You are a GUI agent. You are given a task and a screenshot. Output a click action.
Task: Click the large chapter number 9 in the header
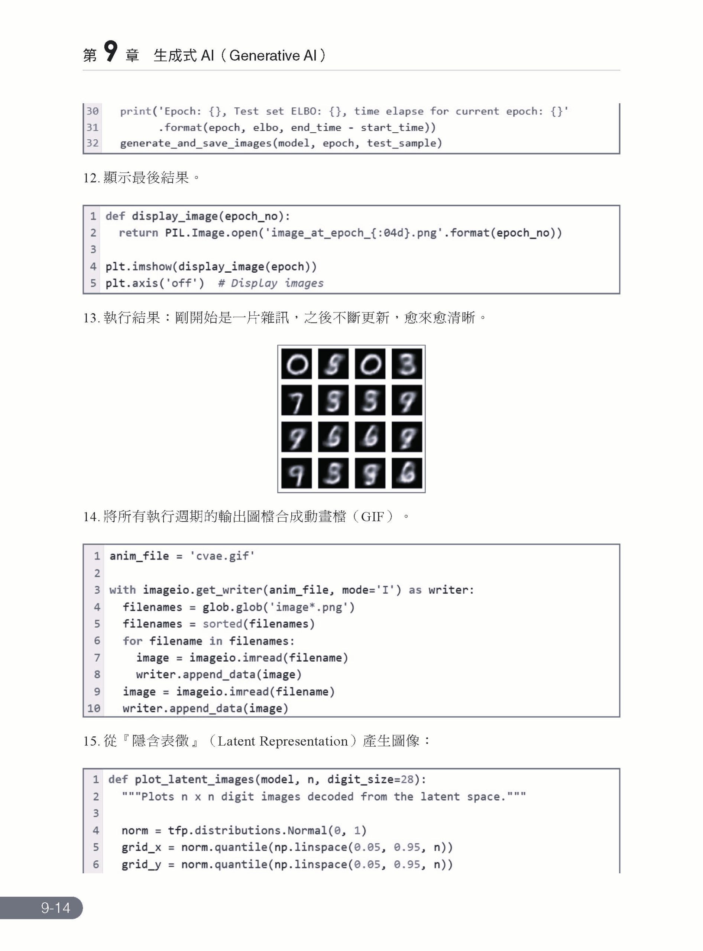tap(111, 52)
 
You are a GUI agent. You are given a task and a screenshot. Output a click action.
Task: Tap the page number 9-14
tap(56, 908)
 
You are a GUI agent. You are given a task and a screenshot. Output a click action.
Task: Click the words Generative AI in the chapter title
tap(272, 56)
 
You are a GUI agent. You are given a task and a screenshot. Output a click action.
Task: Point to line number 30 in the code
tap(93, 111)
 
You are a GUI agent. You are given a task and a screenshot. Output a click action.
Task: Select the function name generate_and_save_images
tap(196, 143)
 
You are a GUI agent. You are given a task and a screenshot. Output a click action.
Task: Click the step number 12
tap(91, 178)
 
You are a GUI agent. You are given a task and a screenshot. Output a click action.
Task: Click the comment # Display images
tap(270, 283)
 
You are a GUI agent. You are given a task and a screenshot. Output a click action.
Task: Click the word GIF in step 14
tap(372, 517)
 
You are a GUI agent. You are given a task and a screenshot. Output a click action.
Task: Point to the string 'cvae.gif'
tap(222, 556)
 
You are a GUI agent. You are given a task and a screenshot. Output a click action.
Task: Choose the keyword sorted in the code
tap(222, 624)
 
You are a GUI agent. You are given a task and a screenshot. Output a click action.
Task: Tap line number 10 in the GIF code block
tap(94, 708)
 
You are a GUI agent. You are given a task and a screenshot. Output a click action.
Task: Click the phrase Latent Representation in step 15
tap(283, 741)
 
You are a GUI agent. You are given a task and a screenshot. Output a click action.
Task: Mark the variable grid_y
tap(141, 864)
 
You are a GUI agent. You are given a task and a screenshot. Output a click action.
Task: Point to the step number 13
tap(91, 318)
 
